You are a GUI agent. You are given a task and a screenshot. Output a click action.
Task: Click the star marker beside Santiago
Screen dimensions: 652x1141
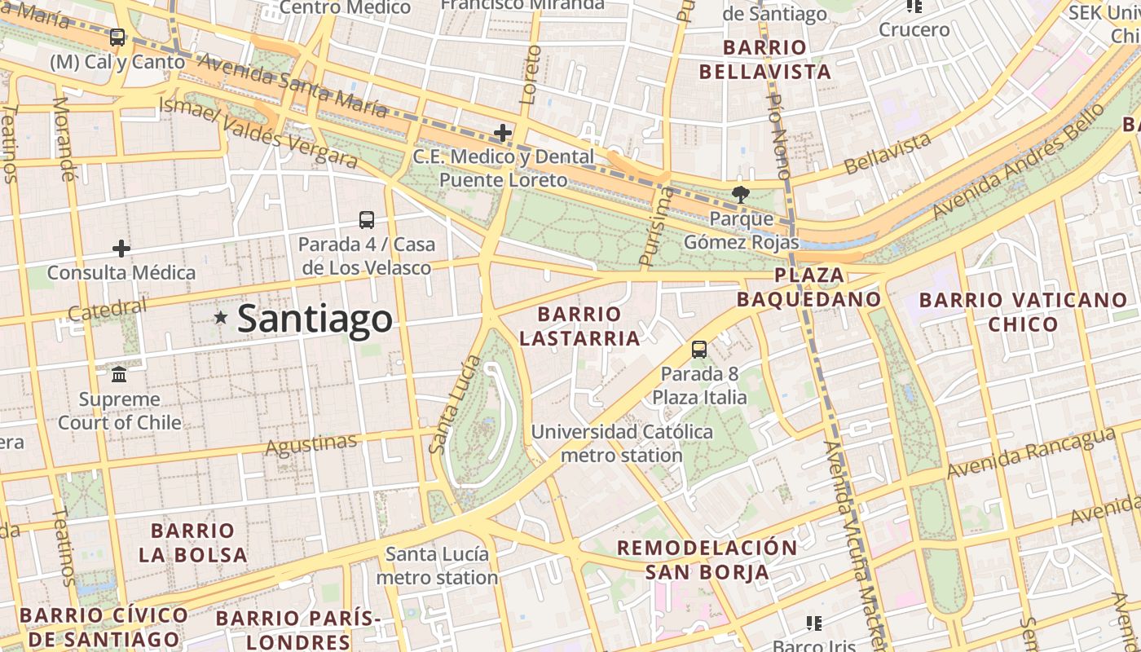click(220, 317)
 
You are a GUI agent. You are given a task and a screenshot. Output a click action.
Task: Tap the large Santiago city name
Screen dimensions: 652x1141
click(315, 318)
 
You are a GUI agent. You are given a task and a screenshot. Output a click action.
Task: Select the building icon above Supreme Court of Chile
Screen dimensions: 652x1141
click(119, 375)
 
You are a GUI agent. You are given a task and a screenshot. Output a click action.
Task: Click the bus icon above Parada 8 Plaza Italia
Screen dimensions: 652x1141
click(699, 350)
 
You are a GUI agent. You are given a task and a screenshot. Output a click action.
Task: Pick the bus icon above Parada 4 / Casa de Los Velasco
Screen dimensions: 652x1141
click(367, 219)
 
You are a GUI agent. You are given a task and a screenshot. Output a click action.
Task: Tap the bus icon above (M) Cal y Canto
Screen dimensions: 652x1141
click(117, 37)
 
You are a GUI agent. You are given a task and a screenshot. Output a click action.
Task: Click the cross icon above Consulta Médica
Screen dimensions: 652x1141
click(121, 248)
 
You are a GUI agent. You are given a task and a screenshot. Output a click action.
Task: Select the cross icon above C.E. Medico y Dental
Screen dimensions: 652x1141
click(503, 132)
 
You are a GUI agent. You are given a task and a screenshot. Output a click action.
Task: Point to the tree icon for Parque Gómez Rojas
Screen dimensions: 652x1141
click(740, 194)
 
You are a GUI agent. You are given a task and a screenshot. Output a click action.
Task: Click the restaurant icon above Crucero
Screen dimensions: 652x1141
click(914, 7)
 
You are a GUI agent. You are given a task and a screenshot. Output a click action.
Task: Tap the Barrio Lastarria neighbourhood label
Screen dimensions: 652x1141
click(579, 326)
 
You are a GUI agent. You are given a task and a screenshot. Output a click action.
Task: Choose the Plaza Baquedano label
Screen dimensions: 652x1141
click(809, 287)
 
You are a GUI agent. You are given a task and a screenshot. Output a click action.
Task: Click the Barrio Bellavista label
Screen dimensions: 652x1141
click(764, 59)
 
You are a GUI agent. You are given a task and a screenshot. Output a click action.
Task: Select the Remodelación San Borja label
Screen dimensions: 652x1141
click(707, 559)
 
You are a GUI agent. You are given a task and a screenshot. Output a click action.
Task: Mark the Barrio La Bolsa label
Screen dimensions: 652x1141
click(193, 543)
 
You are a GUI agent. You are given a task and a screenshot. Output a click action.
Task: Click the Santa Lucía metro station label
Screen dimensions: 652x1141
click(438, 566)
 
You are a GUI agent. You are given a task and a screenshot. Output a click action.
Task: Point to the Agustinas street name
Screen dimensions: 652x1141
click(311, 444)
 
